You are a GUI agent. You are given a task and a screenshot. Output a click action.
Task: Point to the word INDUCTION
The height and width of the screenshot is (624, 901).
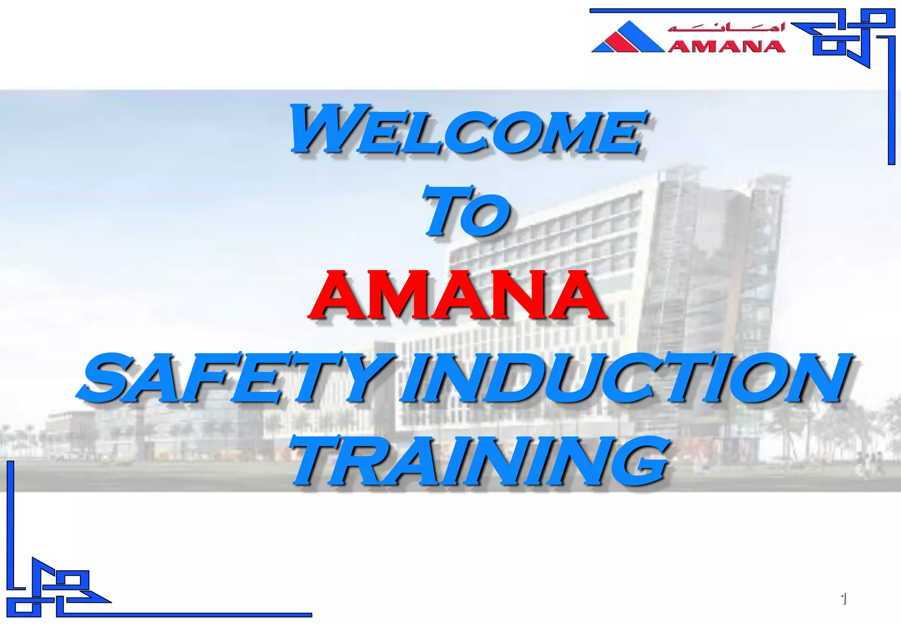625,378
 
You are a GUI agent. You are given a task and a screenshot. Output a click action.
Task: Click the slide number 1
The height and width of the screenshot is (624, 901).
843,599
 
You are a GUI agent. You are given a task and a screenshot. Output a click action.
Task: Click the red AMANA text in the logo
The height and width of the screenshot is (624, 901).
726,46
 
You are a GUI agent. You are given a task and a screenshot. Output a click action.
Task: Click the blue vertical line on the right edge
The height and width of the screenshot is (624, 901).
891,101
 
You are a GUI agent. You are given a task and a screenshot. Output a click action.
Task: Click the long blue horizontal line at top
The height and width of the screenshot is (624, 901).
704,11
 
